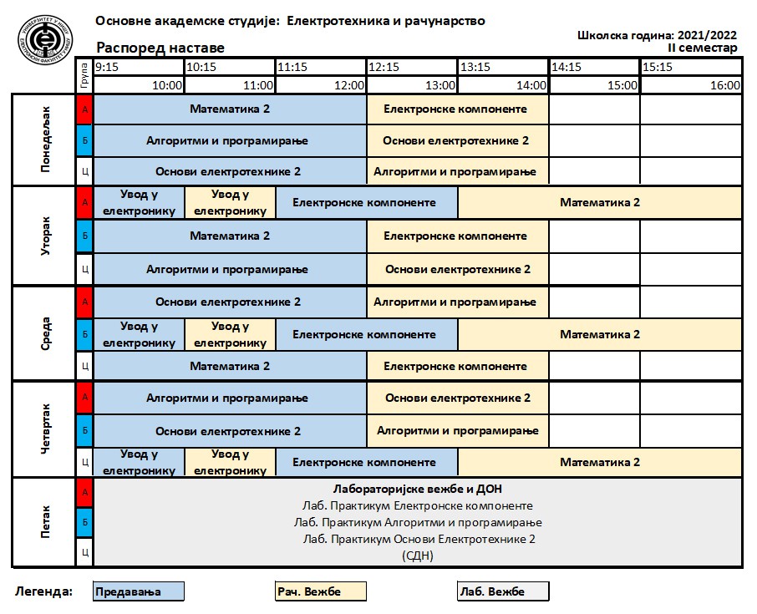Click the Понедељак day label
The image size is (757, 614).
45,140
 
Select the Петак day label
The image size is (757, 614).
45,522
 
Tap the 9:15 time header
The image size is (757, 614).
108,67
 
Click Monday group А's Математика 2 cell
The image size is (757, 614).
230,109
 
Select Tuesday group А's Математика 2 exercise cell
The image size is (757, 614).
600,202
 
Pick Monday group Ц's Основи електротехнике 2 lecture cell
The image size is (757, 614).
230,172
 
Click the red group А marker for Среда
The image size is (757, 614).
84,302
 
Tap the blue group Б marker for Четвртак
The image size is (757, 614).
84,431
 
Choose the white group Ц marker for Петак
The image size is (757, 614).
84,552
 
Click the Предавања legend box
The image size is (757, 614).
138,591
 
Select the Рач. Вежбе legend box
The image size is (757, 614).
321,591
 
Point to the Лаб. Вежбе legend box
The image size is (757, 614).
503,591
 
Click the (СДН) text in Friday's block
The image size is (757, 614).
418,556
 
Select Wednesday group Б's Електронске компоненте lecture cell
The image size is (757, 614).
365,334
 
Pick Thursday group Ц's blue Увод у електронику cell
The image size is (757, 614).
139,462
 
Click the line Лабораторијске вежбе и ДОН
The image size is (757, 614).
418,489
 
